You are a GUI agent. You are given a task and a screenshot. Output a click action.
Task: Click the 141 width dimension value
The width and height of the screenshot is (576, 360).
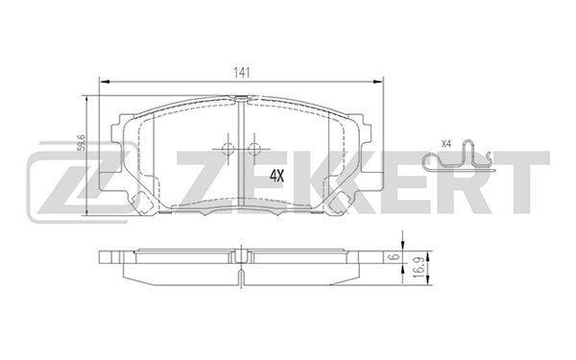[x=242, y=73]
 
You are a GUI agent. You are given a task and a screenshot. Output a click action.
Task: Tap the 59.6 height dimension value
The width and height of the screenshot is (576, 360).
[x=82, y=143]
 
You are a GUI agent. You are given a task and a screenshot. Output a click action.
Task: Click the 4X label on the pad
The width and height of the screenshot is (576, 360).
[x=277, y=176]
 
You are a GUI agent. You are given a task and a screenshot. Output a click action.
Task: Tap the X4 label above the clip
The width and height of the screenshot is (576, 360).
[x=446, y=144]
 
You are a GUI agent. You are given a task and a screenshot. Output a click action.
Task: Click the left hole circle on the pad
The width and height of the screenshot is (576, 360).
[x=228, y=149]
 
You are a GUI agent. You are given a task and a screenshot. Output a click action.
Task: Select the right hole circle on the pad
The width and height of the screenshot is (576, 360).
[x=253, y=149]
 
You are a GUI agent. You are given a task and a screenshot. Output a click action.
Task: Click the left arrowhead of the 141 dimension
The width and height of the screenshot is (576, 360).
[x=105, y=82]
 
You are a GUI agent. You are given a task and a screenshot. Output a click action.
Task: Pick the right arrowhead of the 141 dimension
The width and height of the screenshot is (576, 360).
[x=378, y=82]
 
